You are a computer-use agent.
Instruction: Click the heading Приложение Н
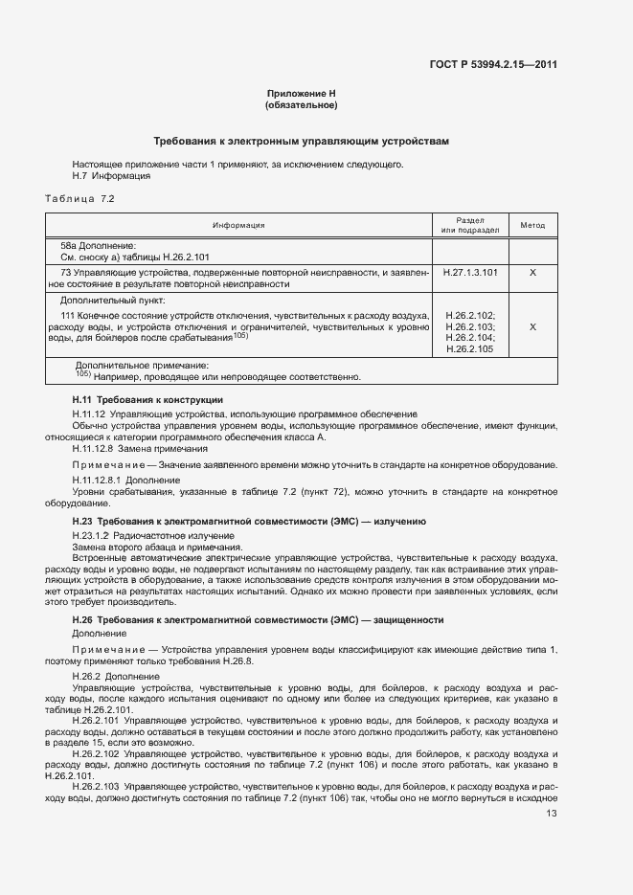(x=302, y=94)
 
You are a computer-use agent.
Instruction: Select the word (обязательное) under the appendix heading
(x=302, y=105)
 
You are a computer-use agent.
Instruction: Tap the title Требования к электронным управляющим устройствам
(x=302, y=141)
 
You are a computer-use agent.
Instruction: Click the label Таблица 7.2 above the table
(x=79, y=197)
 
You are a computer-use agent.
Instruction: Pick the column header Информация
(x=238, y=226)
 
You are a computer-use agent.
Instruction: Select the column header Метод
(x=532, y=226)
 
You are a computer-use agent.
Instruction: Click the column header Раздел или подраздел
(x=470, y=226)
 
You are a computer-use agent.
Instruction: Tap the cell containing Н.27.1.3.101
(x=470, y=273)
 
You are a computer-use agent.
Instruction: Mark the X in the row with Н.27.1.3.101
(x=532, y=273)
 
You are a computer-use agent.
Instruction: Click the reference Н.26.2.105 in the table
(x=470, y=349)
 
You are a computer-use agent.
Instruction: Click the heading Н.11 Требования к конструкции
(x=147, y=399)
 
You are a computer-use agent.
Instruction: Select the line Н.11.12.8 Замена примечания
(x=140, y=448)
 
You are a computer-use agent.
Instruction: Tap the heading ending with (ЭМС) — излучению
(x=249, y=521)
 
